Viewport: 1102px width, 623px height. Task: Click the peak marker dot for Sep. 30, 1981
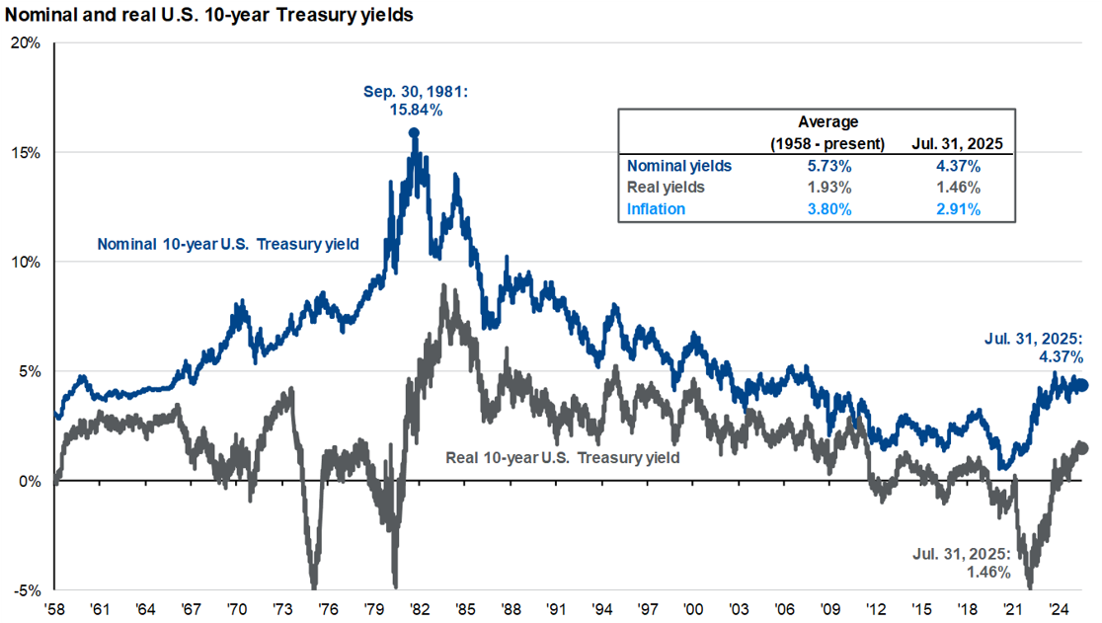pos(414,132)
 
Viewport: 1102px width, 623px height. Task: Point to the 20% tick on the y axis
pos(26,43)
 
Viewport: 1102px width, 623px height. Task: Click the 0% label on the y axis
pos(30,482)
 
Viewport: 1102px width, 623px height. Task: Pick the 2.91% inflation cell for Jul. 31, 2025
pos(959,208)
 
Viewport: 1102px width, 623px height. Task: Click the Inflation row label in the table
pos(656,208)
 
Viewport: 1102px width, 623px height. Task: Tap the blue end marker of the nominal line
pos(1083,385)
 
